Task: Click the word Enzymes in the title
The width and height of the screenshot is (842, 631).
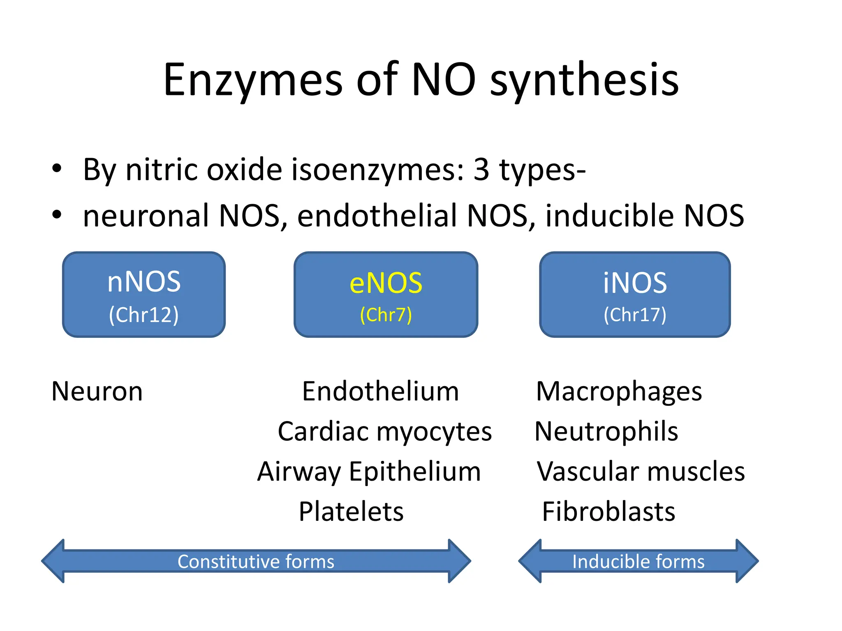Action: point(252,80)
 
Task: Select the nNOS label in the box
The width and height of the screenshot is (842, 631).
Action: point(143,282)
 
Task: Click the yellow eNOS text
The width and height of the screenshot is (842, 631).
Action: point(386,283)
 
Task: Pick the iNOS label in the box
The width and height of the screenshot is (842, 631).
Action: point(635,283)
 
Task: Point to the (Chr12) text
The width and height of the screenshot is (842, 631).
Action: point(143,315)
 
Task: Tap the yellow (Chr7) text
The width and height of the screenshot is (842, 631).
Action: point(386,315)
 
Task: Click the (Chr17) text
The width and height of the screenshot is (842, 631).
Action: point(635,315)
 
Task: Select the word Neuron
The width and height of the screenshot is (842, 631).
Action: point(97,391)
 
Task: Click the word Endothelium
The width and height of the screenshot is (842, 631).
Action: point(380,391)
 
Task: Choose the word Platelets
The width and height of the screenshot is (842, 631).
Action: point(351,512)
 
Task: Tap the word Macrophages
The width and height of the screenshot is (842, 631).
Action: point(619,392)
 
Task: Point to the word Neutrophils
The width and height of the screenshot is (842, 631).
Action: point(606,432)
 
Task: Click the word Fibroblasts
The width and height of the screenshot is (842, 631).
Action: point(608,512)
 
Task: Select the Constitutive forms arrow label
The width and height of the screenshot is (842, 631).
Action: point(256,562)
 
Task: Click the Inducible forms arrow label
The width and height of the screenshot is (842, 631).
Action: point(638,562)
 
